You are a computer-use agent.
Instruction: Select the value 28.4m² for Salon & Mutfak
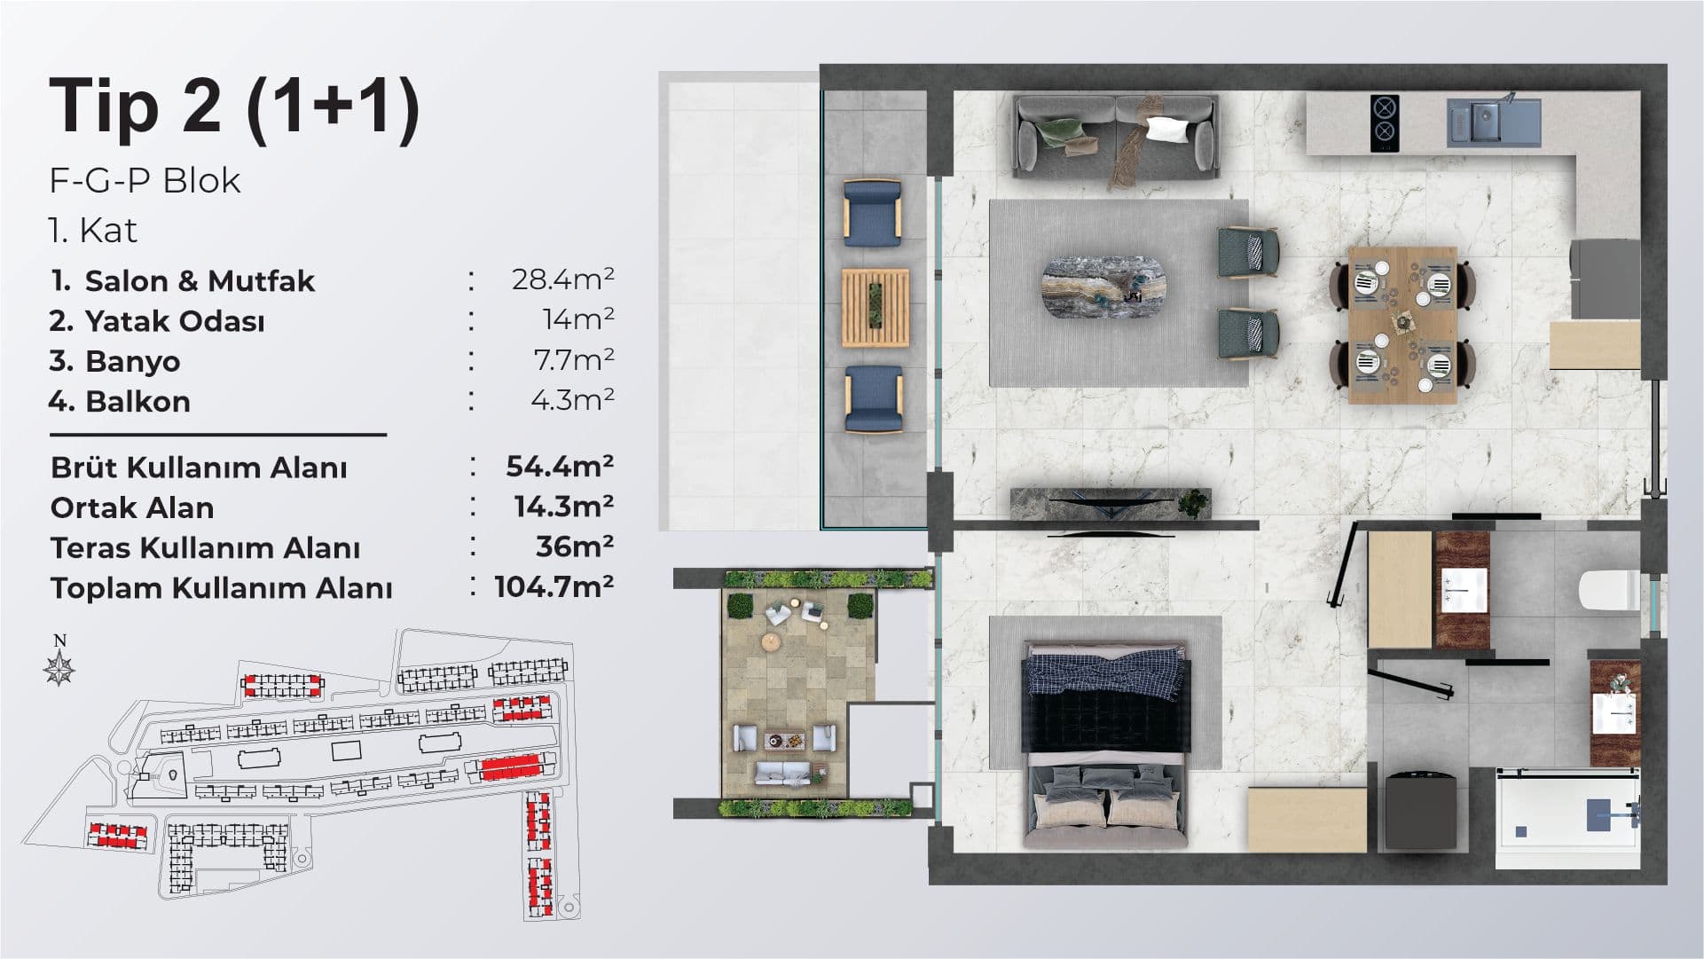coord(563,279)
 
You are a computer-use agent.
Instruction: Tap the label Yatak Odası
coord(175,321)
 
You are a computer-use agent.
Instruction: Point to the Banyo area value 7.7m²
coord(572,359)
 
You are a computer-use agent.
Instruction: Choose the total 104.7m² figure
coord(554,586)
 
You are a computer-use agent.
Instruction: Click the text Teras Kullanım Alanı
coord(205,548)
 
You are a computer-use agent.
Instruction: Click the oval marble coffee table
coord(1105,287)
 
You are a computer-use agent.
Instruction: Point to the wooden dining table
coord(1402,326)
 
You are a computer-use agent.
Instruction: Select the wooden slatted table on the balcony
coord(876,307)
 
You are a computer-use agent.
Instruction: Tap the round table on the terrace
coord(772,641)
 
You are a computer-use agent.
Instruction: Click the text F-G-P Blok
coord(145,180)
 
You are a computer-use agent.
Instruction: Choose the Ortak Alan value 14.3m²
coord(564,506)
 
